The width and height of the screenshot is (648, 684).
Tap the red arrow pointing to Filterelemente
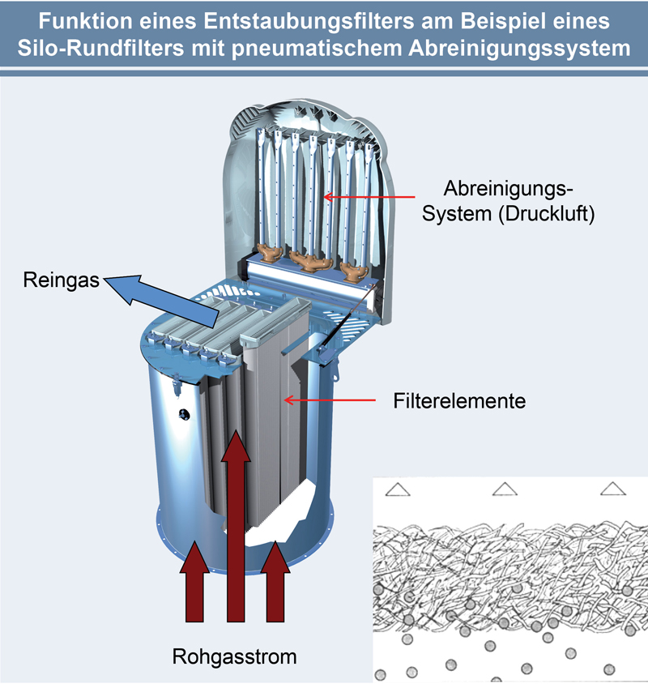327,400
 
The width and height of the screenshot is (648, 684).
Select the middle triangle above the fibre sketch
504,489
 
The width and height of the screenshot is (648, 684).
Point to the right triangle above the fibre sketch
612,489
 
